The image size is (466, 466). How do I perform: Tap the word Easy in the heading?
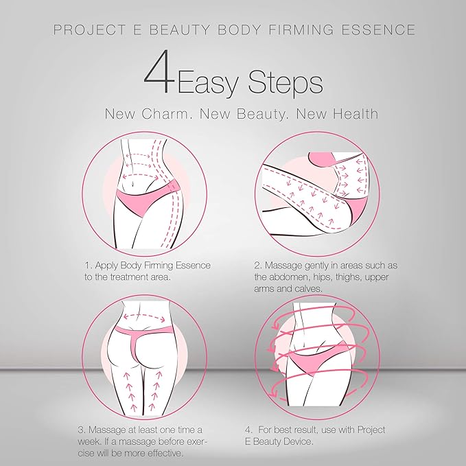tap(210, 83)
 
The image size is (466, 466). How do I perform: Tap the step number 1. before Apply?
tap(89, 265)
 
